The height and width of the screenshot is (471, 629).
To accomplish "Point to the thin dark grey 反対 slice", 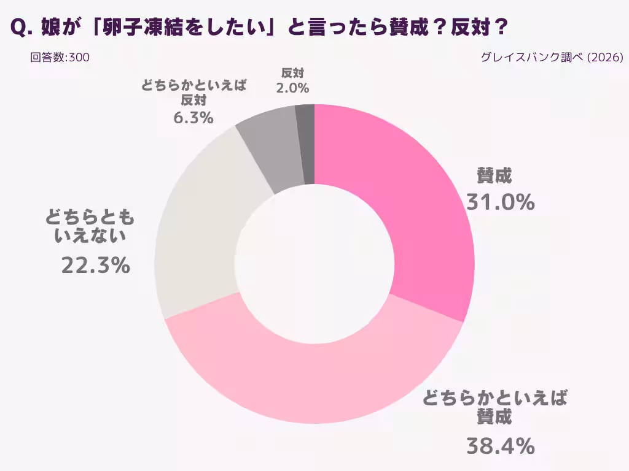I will [305, 144].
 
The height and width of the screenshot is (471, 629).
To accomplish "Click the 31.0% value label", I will [500, 202].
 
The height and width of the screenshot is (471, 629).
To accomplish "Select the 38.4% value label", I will [500, 446].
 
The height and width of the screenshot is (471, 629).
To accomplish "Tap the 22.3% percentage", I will [95, 265].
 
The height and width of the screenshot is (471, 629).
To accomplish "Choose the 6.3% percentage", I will [193, 118].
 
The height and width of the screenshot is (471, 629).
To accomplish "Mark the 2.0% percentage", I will [292, 88].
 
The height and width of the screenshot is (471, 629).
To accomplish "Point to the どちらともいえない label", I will [90, 227].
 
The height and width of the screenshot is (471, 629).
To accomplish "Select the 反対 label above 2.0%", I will [292, 73].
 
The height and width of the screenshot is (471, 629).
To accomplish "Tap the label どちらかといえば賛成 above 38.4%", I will [494, 408].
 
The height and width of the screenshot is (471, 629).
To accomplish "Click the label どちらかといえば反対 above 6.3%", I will [193, 93].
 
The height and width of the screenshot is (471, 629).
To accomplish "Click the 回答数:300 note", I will [60, 58].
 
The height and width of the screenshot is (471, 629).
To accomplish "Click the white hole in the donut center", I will [314, 264].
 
